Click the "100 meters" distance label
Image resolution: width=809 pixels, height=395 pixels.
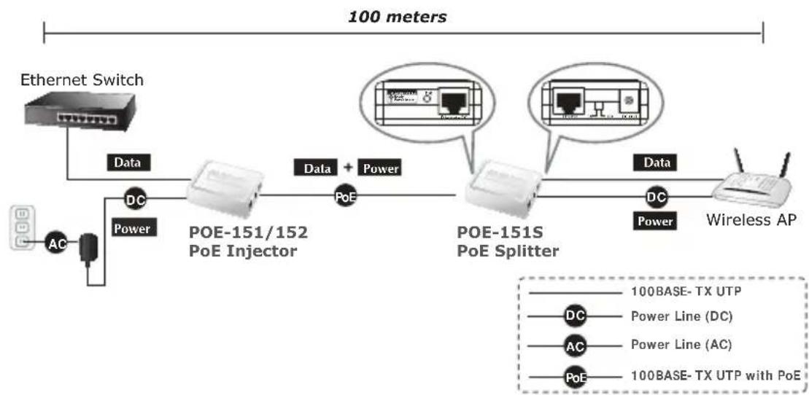(x=397, y=16)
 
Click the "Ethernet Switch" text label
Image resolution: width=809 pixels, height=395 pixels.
(x=82, y=79)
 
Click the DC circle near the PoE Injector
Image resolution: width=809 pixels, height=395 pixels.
(x=135, y=197)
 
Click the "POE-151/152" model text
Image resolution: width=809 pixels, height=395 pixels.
(x=249, y=233)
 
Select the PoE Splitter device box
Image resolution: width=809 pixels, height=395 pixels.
(x=503, y=192)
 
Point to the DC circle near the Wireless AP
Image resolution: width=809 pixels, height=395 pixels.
(x=656, y=196)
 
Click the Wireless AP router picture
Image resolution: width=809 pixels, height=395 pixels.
(x=751, y=182)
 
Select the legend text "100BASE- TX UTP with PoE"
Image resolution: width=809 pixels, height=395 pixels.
(x=715, y=375)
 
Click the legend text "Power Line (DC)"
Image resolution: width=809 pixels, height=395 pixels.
(x=680, y=316)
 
